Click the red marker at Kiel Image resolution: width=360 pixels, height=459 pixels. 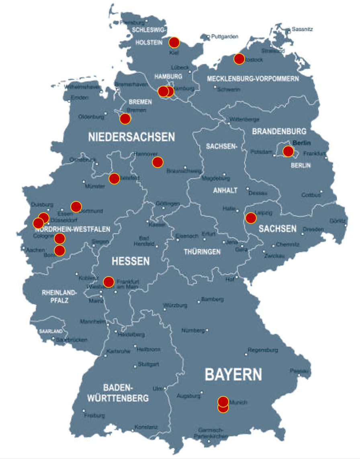174,42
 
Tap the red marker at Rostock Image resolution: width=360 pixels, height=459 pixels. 239,59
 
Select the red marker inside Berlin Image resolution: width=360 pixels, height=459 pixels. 288,151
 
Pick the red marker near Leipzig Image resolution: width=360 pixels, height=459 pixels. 251,218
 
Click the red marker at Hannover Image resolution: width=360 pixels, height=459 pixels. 157,162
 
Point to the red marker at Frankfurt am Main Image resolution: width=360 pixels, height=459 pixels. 108,282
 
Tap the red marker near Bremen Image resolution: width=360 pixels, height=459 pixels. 125,119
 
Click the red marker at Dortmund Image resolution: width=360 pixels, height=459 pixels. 76,207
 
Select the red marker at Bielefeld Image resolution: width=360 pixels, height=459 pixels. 114,178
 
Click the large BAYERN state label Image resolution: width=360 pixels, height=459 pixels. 233,375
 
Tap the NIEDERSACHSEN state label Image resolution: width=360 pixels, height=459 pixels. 132,137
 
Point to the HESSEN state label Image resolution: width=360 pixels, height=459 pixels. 131,261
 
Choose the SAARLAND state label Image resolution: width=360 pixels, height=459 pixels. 51,332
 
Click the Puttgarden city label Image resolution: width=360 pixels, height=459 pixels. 225,37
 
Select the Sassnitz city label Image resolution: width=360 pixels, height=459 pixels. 302,29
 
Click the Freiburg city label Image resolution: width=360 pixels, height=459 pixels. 94,415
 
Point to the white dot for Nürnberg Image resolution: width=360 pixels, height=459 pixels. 207,331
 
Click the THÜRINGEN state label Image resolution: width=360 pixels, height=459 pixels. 202,252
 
